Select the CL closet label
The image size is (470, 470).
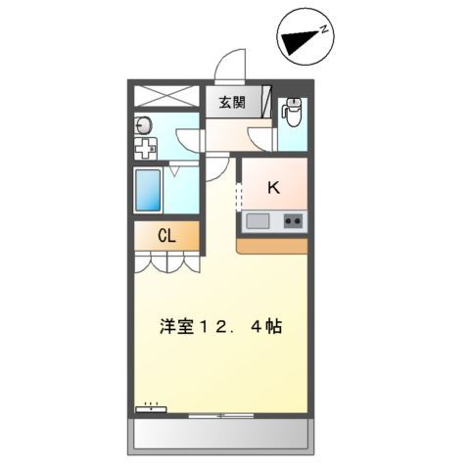167,236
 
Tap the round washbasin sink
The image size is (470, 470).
144,124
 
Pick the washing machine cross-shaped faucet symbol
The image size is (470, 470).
145,150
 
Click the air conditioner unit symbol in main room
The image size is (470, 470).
151,407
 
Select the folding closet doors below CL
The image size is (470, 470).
166,261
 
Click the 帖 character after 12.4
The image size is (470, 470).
273,328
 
